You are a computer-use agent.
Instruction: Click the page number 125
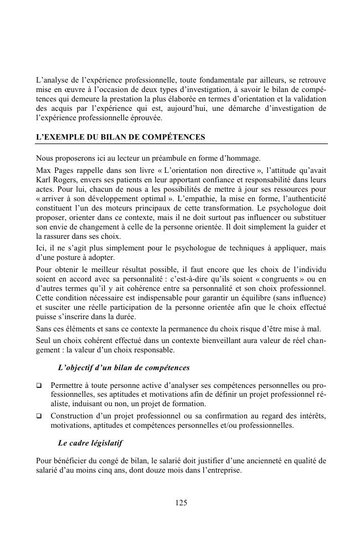(x=181, y=503)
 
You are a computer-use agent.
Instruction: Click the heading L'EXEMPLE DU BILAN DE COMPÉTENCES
(x=120, y=136)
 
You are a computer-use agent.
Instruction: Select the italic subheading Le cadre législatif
(x=90, y=443)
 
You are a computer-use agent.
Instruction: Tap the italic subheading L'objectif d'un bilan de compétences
(x=124, y=367)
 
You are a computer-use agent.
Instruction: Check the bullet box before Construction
(x=38, y=416)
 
